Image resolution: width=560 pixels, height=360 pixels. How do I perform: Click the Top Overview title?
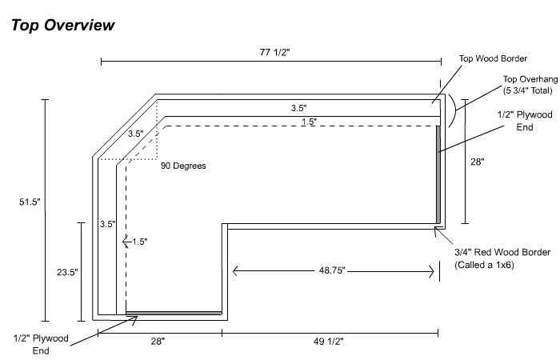point(63,25)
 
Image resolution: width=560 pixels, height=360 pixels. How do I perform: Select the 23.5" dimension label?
point(66,272)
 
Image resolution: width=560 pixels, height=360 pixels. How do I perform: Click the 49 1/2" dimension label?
point(330,342)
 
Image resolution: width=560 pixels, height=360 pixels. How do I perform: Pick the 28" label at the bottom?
point(157,342)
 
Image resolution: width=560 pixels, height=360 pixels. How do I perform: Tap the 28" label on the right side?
point(477,161)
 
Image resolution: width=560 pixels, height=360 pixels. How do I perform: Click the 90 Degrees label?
point(183,166)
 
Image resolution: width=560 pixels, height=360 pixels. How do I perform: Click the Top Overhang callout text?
point(524,85)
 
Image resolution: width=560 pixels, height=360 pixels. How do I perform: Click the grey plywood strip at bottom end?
point(174,312)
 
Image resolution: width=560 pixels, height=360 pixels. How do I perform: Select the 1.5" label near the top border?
point(309,122)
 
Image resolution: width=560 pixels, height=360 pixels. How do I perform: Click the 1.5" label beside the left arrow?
point(139,241)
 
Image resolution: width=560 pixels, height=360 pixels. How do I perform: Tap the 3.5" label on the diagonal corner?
point(135,134)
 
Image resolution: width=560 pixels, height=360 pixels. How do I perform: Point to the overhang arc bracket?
point(453,109)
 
